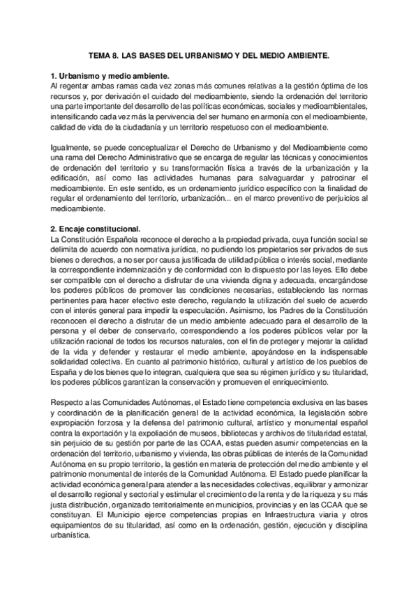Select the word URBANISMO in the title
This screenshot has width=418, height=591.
click(213, 53)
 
